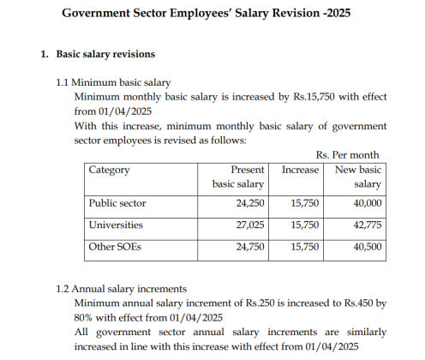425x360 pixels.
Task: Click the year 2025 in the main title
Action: tap(338, 14)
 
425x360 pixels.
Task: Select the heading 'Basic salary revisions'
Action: tap(105, 54)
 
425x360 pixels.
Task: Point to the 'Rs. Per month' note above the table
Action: tap(348, 154)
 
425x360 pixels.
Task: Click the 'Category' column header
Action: tap(110, 170)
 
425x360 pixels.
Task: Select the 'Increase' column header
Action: tap(300, 170)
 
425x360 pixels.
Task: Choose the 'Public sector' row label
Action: tap(117, 203)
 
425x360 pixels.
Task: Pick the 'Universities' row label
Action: tap(116, 225)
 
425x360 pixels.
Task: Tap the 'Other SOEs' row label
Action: tap(115, 247)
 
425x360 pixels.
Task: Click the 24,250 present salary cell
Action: tap(248, 203)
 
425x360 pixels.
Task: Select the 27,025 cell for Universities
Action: tap(248, 225)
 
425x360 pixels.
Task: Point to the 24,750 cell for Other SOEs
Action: tap(248, 247)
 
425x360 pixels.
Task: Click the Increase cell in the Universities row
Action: tap(305, 225)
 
